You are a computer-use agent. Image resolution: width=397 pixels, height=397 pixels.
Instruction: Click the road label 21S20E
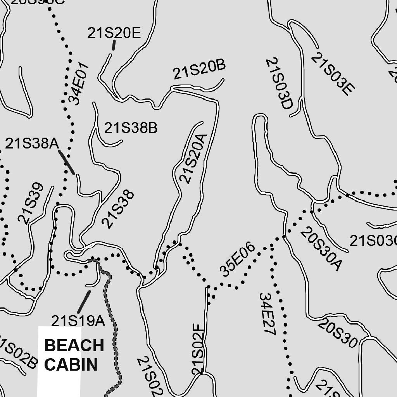click(x=114, y=33)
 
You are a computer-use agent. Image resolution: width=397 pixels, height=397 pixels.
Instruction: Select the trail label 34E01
click(x=79, y=84)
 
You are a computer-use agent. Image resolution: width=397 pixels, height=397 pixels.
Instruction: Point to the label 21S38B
click(x=131, y=128)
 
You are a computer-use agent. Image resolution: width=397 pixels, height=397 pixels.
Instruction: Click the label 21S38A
click(x=32, y=144)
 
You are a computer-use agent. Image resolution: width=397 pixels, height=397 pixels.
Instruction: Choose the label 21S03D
click(x=278, y=88)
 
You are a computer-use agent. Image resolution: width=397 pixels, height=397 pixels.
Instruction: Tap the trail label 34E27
click(x=267, y=314)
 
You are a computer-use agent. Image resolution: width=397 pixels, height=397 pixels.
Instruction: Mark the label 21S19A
click(x=78, y=321)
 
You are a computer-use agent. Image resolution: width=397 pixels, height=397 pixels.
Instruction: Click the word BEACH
click(x=74, y=345)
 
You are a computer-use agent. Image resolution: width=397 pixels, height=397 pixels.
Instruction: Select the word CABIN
click(x=71, y=364)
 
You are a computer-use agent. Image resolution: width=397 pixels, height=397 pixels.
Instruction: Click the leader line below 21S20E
click(x=114, y=45)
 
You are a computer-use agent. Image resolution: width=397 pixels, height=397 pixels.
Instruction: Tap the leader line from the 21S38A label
click(x=67, y=162)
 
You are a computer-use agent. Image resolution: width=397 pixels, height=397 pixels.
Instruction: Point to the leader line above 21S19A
click(x=83, y=302)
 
